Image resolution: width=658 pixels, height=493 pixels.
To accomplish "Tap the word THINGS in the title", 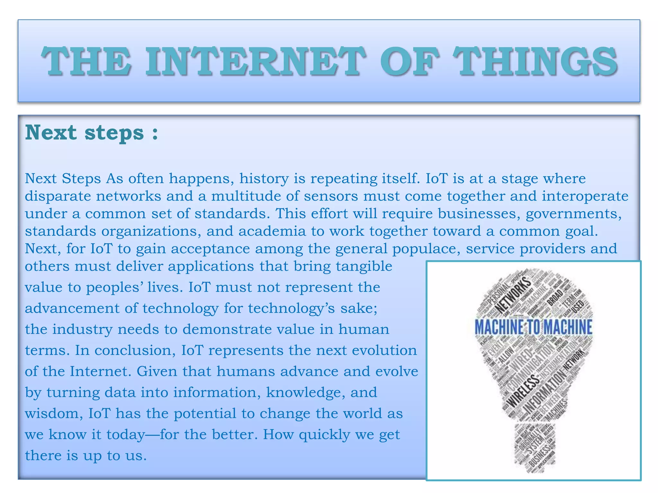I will click(536, 61).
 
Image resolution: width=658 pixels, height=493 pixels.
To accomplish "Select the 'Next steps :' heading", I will click(92, 133).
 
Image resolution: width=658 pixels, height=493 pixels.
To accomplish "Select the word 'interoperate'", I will click(585, 196).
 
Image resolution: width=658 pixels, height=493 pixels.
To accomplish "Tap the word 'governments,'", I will click(574, 214).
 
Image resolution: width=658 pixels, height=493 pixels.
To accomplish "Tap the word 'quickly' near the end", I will click(324, 435).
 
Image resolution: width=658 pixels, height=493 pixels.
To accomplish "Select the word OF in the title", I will click(408, 61).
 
